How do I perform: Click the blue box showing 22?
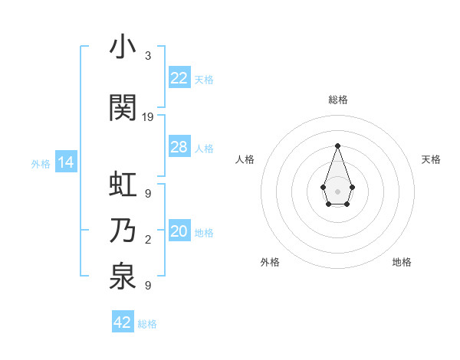(179, 78)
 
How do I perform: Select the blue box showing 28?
(179, 147)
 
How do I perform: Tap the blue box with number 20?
(179, 231)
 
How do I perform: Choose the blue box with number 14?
(66, 162)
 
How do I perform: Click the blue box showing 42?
(123, 322)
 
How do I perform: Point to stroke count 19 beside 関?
(148, 117)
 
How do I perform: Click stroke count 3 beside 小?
(148, 56)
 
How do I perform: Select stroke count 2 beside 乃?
(148, 241)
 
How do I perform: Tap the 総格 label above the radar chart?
(337, 100)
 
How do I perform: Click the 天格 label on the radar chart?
(431, 159)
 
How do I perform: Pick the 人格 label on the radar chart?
(245, 159)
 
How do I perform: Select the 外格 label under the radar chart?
(270, 262)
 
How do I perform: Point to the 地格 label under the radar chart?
(402, 262)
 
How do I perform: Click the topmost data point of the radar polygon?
(337, 146)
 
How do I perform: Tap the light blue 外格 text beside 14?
(41, 163)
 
